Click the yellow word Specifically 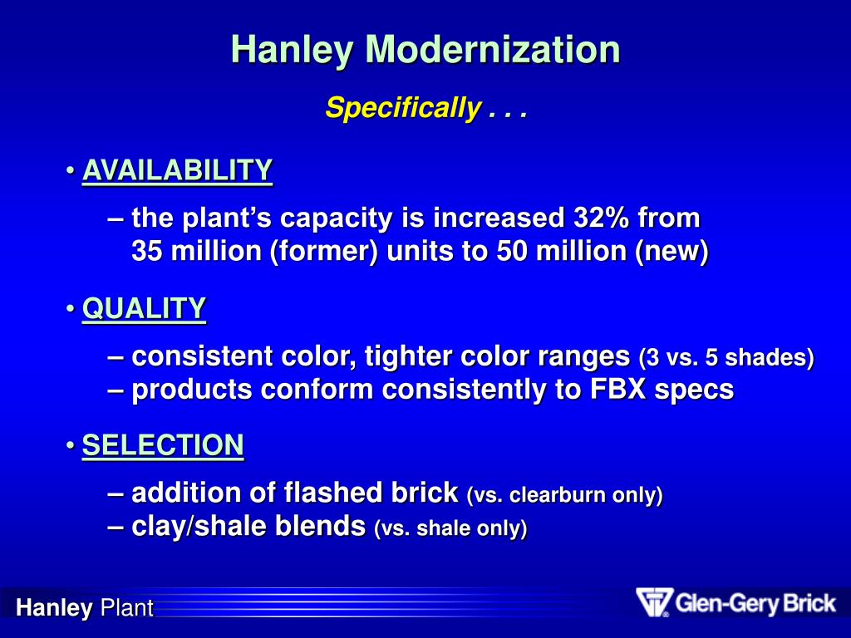[402, 108]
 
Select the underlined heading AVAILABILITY [177, 171]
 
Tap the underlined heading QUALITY [144, 309]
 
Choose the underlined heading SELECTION [163, 446]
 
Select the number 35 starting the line [148, 252]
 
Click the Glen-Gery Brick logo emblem [653, 602]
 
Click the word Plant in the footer [126, 609]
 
